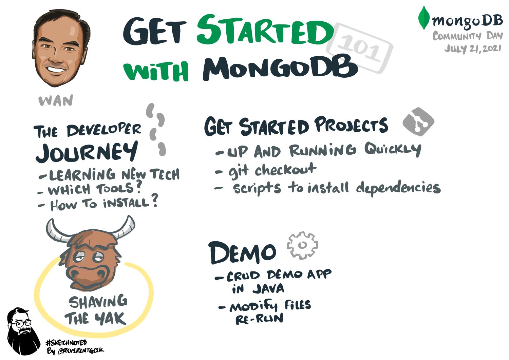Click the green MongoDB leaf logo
(423, 18)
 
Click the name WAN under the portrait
(56, 101)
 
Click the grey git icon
(418, 122)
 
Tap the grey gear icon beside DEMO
(302, 246)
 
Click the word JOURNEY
(87, 153)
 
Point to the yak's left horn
(56, 231)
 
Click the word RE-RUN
(259, 319)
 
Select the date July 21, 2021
(473, 49)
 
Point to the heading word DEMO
(242, 253)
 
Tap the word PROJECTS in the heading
(351, 126)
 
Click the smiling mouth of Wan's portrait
(56, 70)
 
